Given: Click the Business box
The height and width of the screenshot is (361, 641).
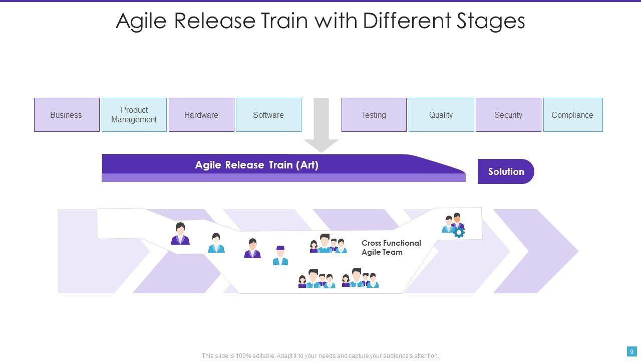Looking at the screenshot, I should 67,115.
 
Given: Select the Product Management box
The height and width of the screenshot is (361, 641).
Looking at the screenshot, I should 134,115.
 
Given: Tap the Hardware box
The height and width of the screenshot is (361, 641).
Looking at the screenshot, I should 201,115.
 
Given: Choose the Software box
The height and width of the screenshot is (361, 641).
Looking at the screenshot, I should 268,115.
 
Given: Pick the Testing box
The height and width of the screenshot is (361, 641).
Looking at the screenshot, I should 374,115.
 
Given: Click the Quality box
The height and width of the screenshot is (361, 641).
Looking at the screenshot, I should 441,115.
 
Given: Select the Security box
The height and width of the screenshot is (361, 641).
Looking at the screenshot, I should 508,115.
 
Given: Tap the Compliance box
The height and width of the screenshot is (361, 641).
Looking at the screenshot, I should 572,115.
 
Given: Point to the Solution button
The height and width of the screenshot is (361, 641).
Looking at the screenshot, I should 506,171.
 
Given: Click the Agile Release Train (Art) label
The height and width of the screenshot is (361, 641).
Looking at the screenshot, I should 256,165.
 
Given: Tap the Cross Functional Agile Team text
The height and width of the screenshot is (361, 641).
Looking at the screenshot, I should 391,248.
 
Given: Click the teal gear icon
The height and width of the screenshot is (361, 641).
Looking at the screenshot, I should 459,232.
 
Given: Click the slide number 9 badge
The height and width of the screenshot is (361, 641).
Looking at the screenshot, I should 632,351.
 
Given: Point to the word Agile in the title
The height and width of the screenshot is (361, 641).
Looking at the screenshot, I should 141,21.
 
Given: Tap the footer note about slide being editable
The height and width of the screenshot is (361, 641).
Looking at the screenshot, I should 320,356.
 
